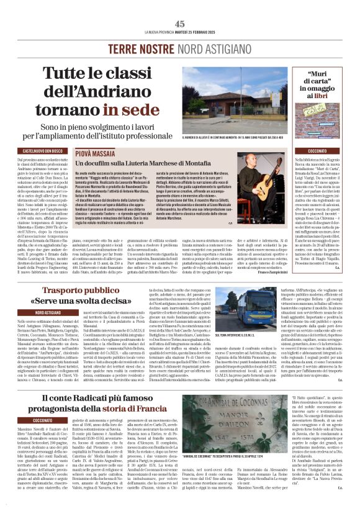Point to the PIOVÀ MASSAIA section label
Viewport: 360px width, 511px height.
pyautogui.click(x=95, y=151)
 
